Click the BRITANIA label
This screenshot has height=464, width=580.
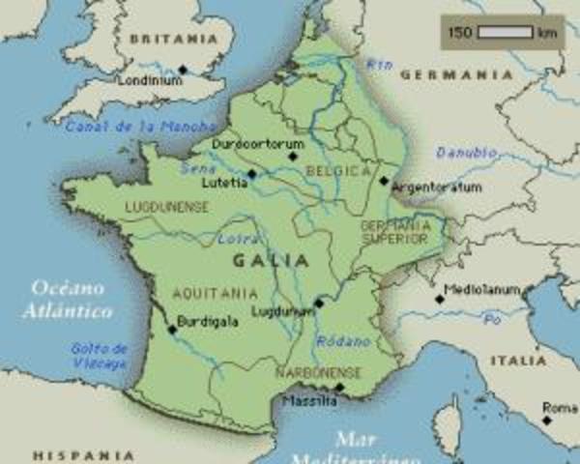pos(174,40)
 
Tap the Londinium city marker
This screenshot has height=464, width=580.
pos(182,70)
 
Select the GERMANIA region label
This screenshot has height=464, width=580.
pos(456,74)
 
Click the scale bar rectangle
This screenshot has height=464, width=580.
pos(505,33)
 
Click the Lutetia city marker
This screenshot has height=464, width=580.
pos(252,174)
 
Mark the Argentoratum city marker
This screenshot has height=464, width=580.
pos(384,180)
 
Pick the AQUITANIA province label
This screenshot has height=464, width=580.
pos(215,293)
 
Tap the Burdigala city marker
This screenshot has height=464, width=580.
pos(172,329)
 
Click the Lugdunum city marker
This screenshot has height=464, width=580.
pos(318,303)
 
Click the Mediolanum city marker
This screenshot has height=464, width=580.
pos(439,299)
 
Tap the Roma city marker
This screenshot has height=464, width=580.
pos(547,420)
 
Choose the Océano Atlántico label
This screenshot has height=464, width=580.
pos(71,299)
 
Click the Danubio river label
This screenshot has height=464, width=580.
pos(467,153)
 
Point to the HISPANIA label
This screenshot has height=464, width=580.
pos(84,454)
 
